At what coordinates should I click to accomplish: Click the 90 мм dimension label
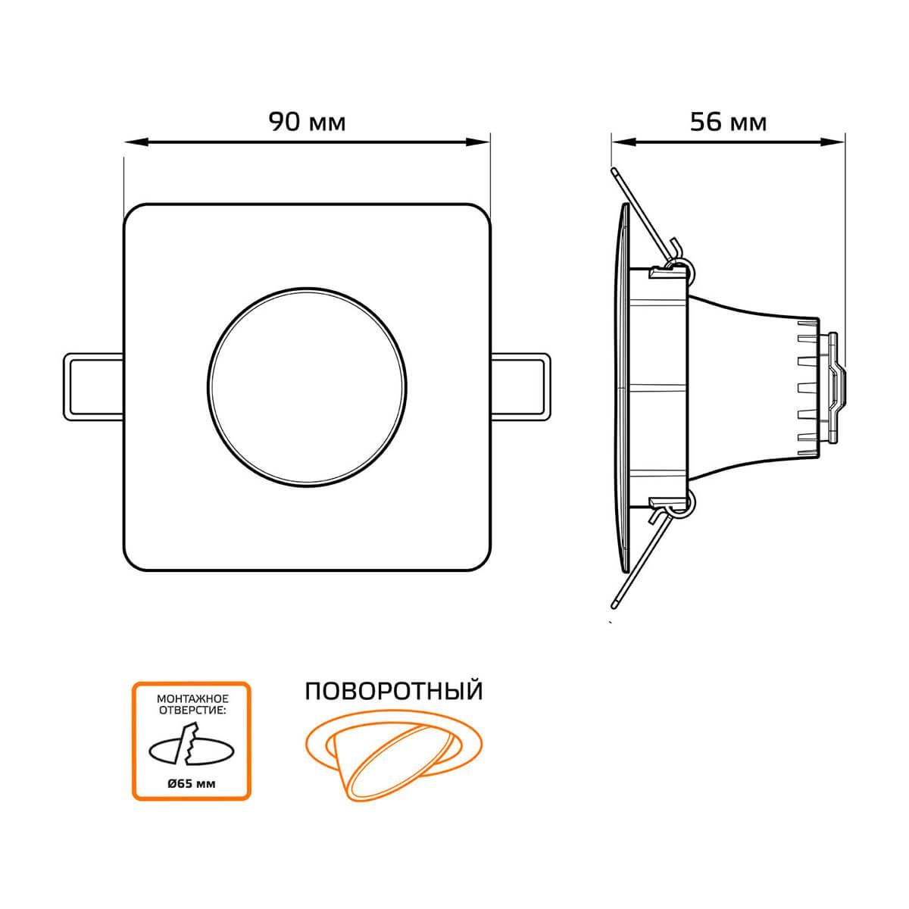click(307, 122)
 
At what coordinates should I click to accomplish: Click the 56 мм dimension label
click(728, 122)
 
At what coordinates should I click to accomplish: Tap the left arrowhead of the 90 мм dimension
click(135, 142)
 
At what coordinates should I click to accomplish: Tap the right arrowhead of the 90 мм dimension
click(479, 142)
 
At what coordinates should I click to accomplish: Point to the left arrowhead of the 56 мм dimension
click(623, 142)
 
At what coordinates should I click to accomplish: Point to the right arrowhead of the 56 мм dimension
click(832, 142)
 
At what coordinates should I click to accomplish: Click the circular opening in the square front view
click(307, 387)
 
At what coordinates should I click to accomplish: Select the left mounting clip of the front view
click(93, 386)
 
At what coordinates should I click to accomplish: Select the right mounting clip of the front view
click(520, 386)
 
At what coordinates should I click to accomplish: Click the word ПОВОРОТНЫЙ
click(394, 692)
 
